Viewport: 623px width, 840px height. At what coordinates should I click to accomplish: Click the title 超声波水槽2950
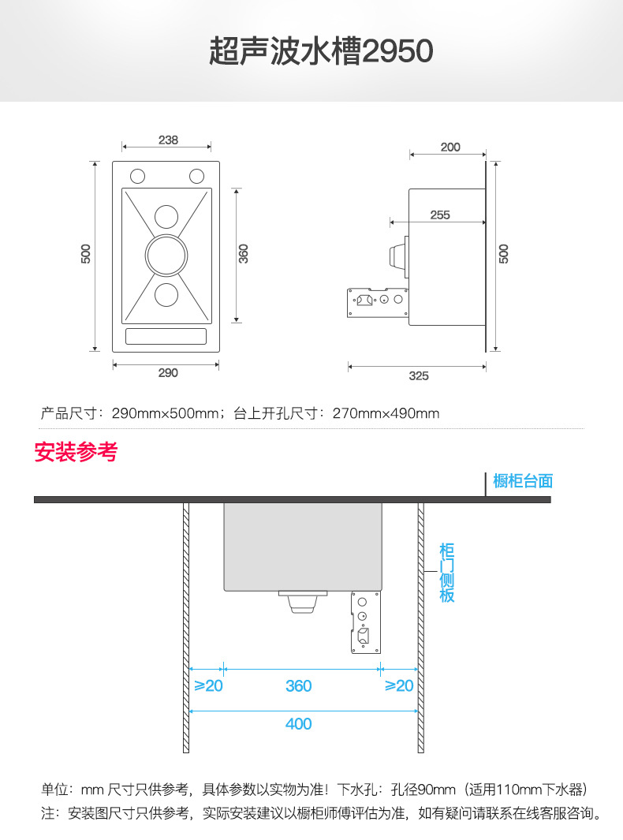point(321,52)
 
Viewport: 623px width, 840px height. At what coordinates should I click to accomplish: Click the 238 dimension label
point(168,140)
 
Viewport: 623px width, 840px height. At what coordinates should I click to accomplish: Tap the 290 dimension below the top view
point(168,373)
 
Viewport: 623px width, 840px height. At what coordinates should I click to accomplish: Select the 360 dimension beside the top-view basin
point(244,253)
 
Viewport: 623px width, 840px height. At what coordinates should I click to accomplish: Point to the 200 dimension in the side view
point(450,147)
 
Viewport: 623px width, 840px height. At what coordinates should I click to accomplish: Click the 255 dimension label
point(440,215)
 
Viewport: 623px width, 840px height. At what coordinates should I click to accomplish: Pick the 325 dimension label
point(419,376)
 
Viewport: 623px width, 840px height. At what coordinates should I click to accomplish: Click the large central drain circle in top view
point(166,255)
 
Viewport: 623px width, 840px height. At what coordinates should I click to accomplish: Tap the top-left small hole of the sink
point(137,175)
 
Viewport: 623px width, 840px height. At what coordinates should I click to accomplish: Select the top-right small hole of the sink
point(196,175)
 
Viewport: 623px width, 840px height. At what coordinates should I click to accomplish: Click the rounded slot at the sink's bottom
point(166,336)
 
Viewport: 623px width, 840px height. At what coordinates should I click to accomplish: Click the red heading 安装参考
point(76,453)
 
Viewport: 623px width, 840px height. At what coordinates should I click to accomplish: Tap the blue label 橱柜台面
point(523,481)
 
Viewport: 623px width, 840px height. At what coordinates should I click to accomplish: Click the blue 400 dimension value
point(298,724)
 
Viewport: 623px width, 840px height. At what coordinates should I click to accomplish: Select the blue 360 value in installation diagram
point(299,686)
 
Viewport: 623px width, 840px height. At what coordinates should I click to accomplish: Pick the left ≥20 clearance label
point(208,686)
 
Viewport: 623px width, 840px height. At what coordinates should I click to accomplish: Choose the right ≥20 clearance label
point(399,686)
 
